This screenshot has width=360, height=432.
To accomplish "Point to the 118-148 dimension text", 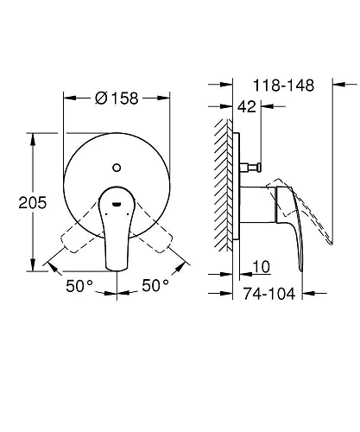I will [284, 85].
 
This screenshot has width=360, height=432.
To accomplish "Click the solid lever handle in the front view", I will [117, 229].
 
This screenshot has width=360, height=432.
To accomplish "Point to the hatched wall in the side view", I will [227, 190].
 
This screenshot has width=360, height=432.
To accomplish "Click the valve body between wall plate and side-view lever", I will [257, 207].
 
